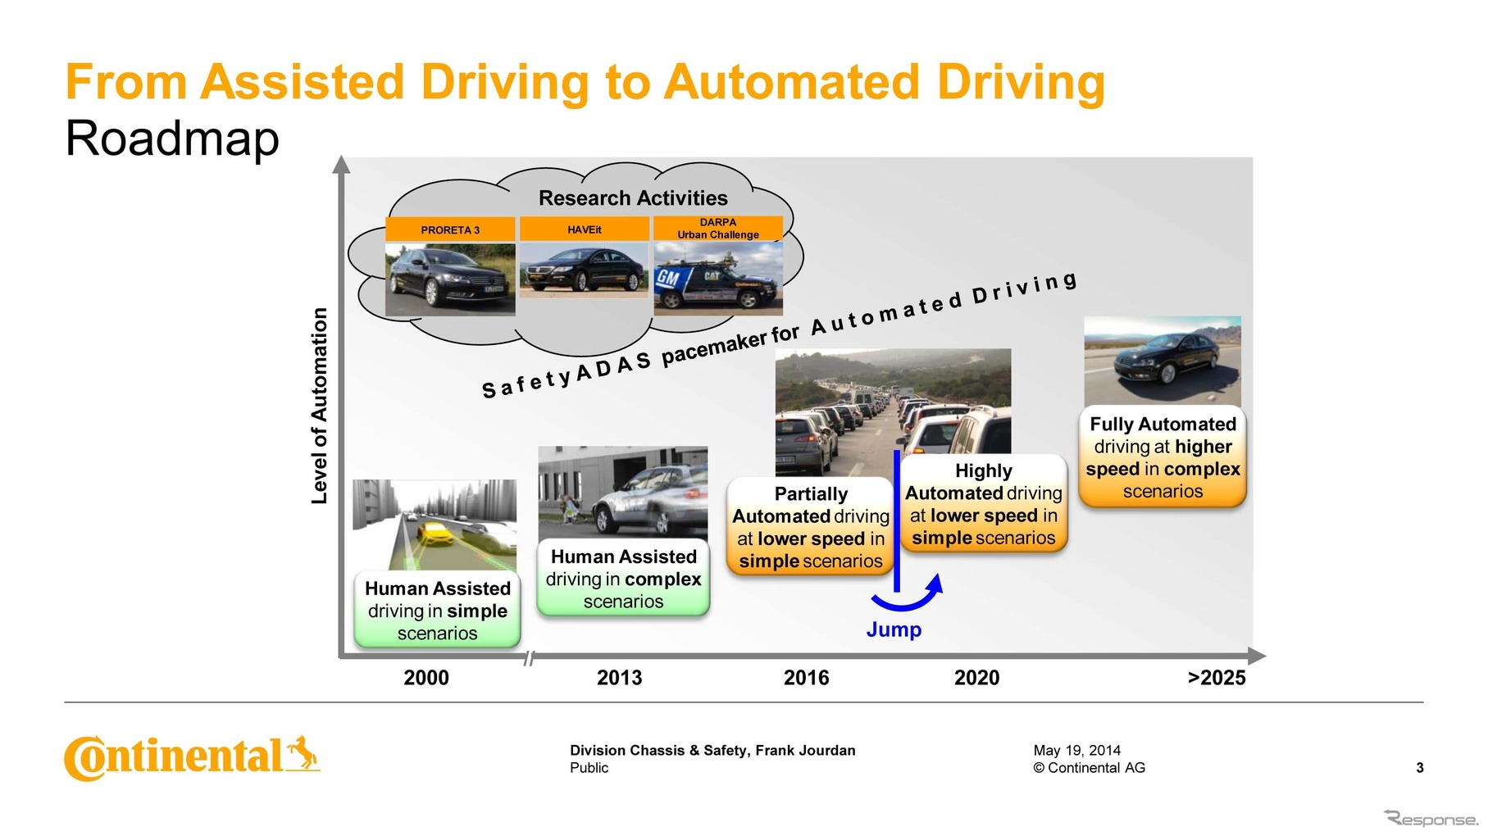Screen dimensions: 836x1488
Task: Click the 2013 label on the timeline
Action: click(619, 678)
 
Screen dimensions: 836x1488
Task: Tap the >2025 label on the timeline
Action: click(1217, 678)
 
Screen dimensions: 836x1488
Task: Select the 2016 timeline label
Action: click(806, 678)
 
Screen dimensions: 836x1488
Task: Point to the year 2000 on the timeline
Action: click(426, 678)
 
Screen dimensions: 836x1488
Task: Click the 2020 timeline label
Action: click(976, 678)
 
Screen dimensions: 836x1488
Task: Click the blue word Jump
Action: click(894, 629)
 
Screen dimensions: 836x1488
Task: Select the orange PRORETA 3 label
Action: click(450, 230)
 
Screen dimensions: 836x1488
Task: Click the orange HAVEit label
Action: click(585, 229)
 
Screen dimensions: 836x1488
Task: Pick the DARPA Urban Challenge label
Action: click(718, 229)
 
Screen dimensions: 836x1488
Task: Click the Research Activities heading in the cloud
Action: click(633, 198)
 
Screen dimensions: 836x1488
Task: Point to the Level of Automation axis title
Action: click(320, 406)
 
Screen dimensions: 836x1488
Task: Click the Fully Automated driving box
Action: click(1163, 457)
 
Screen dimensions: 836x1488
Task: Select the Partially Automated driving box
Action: click(810, 527)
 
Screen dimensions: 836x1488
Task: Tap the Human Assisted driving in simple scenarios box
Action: click(437, 611)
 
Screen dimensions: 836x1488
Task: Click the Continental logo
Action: click(192, 756)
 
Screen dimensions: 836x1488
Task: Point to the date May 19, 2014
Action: click(1076, 750)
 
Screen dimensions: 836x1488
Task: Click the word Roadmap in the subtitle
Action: click(172, 139)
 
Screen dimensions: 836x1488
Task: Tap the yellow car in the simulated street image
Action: click(436, 533)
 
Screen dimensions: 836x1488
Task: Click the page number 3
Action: click(1419, 768)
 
